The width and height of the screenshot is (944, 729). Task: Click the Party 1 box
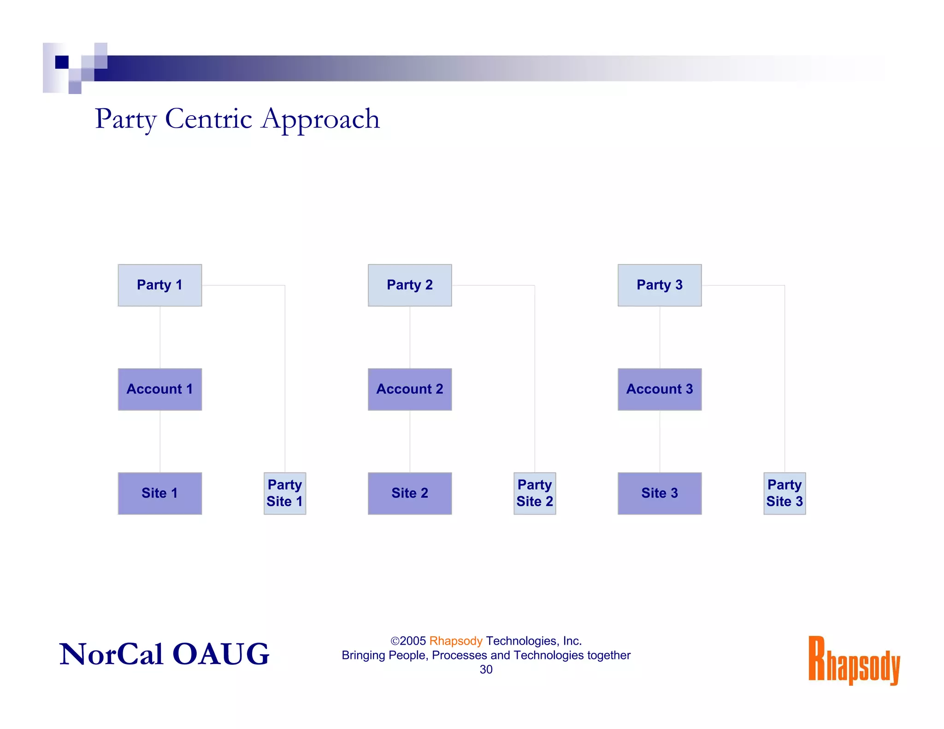(160, 285)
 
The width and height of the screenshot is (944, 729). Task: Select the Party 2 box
(410, 285)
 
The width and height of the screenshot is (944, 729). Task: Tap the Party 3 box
(660, 285)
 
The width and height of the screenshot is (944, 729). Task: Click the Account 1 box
(160, 389)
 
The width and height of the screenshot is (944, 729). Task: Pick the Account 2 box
(410, 389)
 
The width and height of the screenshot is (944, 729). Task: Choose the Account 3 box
(660, 389)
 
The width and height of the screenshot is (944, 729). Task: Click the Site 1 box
(160, 494)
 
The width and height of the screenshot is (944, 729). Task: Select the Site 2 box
(410, 494)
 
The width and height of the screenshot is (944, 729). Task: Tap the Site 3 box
(660, 494)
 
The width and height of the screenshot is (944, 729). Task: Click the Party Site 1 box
(285, 494)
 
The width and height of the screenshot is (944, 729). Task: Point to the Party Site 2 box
(535, 494)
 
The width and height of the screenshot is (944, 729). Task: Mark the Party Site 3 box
(785, 494)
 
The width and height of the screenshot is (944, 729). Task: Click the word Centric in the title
(208, 119)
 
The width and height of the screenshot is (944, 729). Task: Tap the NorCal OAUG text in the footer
(164, 654)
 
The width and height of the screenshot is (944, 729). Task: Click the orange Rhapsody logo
(854, 660)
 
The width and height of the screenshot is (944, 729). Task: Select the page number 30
(486, 670)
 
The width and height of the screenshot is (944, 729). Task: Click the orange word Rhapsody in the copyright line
(455, 641)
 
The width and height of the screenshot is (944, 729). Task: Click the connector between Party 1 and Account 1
(160, 337)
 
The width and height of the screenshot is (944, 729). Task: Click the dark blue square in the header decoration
(62, 62)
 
